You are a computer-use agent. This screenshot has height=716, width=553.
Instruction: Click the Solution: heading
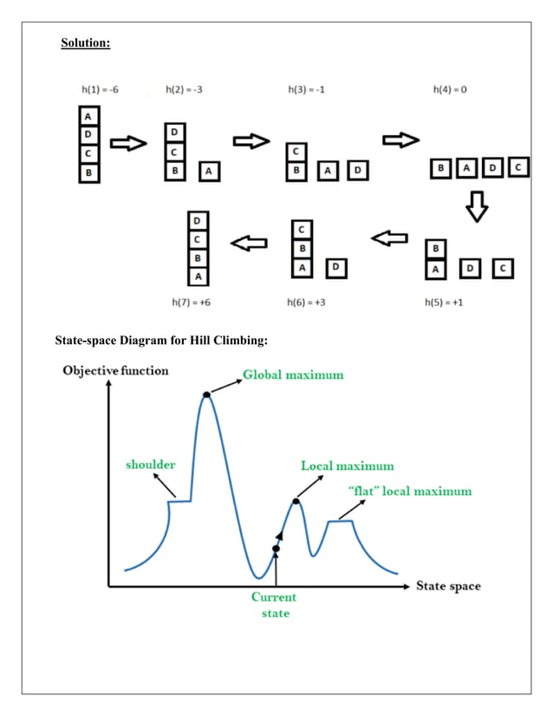tap(85, 42)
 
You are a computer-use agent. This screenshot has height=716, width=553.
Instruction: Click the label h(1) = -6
tap(97, 90)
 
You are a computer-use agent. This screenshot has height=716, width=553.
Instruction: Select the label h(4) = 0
tap(450, 90)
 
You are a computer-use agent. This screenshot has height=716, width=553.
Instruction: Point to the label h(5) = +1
tap(443, 303)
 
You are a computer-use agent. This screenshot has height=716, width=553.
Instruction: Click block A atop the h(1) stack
tap(89, 116)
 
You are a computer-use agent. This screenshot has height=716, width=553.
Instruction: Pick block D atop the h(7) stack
tap(198, 220)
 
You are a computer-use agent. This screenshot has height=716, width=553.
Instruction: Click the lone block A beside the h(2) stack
tap(209, 172)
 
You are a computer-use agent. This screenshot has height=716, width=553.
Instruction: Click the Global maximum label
tap(292, 374)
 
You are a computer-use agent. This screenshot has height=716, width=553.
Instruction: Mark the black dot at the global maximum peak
tap(206, 395)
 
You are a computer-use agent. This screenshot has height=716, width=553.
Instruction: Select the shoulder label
tap(150, 464)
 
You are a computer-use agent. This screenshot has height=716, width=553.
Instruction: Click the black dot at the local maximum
tap(296, 501)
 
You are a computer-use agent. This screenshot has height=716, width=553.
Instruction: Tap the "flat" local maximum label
tap(409, 491)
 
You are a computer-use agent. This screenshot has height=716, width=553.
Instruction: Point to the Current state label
tap(275, 605)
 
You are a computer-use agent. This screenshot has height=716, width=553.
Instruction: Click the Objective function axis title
tap(115, 371)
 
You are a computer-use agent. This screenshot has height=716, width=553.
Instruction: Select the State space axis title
tap(447, 586)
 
